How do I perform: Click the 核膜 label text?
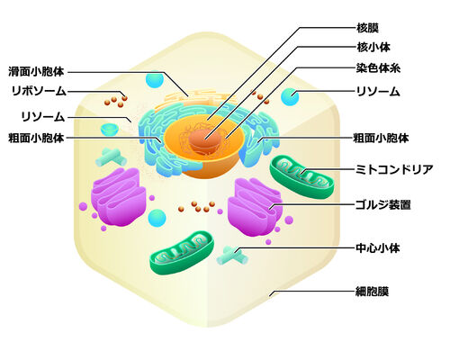pos(367,28)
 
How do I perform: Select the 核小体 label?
pos(373,47)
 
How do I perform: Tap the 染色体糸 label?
pos(378,68)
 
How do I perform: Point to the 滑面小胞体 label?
pos(36,71)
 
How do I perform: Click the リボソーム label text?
pos(39,91)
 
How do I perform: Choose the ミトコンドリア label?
pos(394,169)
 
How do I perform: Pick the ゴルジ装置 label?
pos(383,205)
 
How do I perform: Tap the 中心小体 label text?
pos(378,248)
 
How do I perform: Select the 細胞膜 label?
pos(373,292)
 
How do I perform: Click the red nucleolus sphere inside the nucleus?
pos(205,140)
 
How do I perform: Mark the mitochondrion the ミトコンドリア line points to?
pos(301,177)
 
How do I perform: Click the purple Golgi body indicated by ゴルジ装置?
pos(255,207)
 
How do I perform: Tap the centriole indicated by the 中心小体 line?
pos(232,256)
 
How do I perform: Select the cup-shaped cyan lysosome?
pos(110,130)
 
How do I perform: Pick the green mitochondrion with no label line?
pos(182,253)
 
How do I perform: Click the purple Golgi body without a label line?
pos(119,197)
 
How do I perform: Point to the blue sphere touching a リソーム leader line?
pos(290,96)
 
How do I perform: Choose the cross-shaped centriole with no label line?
pos(111,157)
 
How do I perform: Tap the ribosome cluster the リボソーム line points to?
pos(116,100)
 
